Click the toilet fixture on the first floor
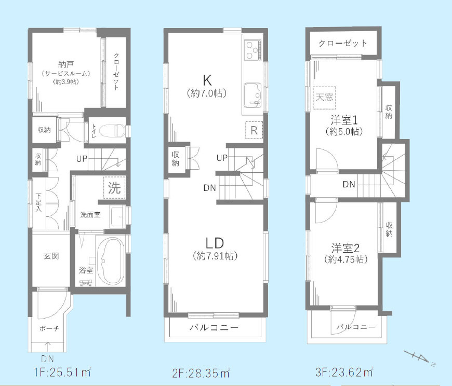pos(111,130)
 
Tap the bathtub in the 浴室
pos(109,261)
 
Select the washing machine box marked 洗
pos(115,188)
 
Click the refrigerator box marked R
pos(254,130)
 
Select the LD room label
pos(215,243)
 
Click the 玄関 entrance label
pos(50,256)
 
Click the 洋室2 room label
pos(342,247)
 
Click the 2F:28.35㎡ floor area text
pos(201,373)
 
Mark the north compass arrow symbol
pos(421,358)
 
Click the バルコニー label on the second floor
pos(214,328)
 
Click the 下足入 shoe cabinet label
pos(38,203)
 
